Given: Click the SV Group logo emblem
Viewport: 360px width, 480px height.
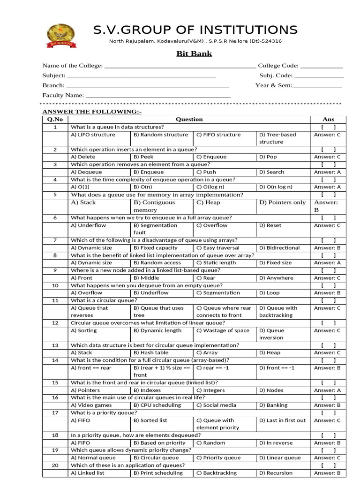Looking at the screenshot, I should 60,35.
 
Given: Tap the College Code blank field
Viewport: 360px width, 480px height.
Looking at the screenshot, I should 322,66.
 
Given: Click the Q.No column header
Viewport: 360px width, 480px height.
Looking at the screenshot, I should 55,120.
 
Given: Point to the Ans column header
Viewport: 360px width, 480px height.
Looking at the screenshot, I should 328,120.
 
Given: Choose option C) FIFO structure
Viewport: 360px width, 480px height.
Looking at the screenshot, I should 218,135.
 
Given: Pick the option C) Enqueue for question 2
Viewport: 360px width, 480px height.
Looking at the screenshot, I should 211,157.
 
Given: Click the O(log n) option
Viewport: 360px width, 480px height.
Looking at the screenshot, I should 215,187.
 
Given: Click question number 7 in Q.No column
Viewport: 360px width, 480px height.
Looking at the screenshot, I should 55,240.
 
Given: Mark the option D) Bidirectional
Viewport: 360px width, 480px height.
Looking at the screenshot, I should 279,248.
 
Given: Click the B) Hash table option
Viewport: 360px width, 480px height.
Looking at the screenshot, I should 151,352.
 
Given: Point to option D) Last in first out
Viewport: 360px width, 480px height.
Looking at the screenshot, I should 282,420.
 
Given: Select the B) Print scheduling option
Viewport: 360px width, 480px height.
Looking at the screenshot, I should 158,473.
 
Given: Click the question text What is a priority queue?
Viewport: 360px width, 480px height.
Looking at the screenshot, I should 104,412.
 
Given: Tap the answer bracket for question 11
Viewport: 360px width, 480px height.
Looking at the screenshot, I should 328,300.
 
